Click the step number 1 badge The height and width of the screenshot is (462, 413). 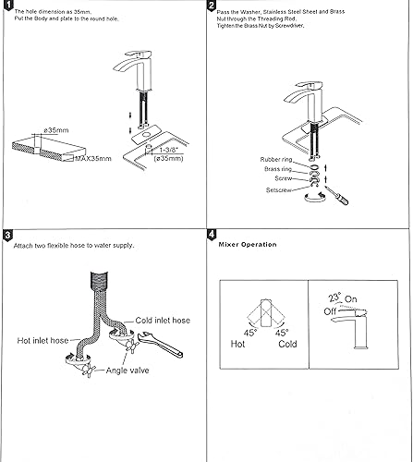[x=7, y=7]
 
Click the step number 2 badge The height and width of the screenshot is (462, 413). [x=212, y=7]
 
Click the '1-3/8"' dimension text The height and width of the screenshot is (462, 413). [x=169, y=149]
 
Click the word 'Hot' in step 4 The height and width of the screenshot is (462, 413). [x=237, y=343]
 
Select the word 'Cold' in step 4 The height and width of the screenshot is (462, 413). [x=286, y=343]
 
